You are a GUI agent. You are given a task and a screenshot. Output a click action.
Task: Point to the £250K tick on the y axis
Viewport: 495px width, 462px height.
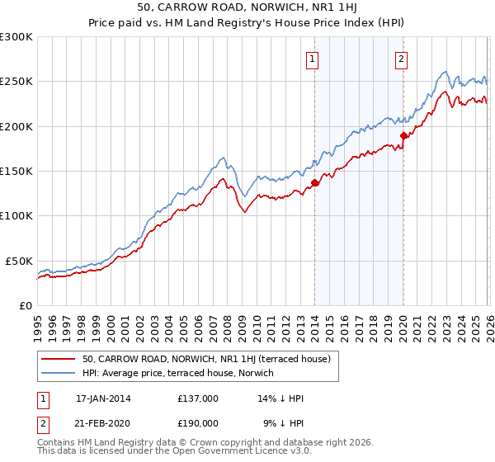tap(16, 82)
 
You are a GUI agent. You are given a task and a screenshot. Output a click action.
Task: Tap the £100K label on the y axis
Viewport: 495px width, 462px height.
tap(16, 215)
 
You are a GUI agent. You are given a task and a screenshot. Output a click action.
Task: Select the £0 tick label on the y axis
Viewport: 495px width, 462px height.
tap(25, 305)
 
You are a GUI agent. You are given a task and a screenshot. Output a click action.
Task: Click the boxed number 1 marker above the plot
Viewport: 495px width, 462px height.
tap(314, 59)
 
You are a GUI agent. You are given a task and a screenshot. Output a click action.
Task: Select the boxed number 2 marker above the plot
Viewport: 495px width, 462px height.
tap(401, 59)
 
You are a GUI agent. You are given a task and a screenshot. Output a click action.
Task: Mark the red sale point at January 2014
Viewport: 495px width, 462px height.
tap(315, 183)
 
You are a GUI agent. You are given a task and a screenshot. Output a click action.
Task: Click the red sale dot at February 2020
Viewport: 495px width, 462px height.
tap(403, 135)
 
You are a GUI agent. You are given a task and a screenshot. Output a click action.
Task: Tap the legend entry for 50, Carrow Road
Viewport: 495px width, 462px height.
tap(206, 359)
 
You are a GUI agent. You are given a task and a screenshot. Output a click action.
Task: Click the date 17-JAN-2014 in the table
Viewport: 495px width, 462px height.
tap(103, 398)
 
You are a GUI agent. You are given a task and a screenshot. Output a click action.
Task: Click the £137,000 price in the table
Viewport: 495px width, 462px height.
tap(198, 398)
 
